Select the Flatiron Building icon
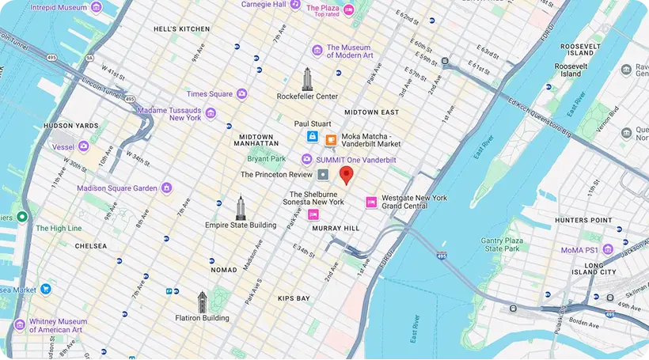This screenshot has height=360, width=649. point(202,302)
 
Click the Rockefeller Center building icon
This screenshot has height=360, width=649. point(307,79)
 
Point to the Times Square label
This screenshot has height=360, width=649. point(210,94)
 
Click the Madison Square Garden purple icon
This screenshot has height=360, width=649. point(166,188)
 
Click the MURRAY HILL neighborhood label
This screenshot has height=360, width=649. point(336,228)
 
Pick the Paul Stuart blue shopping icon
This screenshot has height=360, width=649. point(313,138)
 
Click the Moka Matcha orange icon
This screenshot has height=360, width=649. point(331,141)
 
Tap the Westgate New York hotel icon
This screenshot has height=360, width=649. point(370,202)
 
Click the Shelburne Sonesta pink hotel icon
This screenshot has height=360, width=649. point(313,214)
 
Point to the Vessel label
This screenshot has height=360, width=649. point(63,146)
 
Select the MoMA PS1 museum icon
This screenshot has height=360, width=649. point(608,249)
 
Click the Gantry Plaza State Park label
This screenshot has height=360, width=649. point(505,244)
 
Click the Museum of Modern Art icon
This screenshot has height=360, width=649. point(317,51)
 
